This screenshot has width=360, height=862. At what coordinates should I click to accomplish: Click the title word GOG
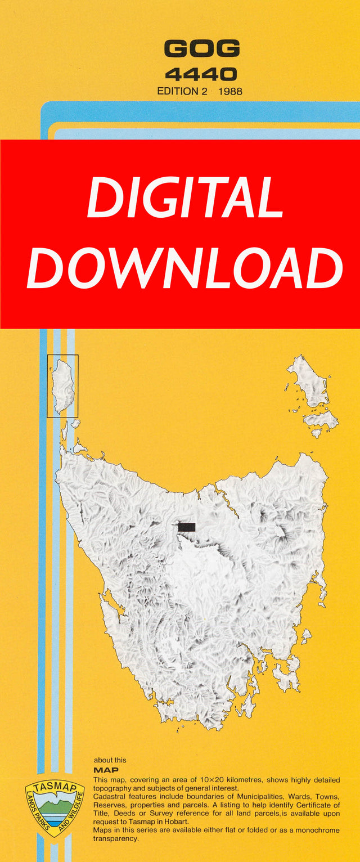point(202,49)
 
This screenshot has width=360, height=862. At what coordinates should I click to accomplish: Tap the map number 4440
point(201,73)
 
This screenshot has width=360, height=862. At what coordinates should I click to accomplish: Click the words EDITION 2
point(182,90)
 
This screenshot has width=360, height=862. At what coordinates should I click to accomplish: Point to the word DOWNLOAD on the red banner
point(185,268)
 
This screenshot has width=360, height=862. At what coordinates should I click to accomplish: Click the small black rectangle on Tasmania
point(187,527)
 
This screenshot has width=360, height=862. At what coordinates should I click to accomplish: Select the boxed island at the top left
point(62,386)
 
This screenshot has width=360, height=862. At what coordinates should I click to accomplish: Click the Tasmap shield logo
point(55,809)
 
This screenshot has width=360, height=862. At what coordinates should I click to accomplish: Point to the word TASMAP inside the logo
point(55,788)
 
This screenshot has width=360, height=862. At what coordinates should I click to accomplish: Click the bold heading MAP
point(106,770)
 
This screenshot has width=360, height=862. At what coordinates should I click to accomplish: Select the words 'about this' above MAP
point(110,760)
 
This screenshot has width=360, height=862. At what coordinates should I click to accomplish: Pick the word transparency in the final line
point(116,838)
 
